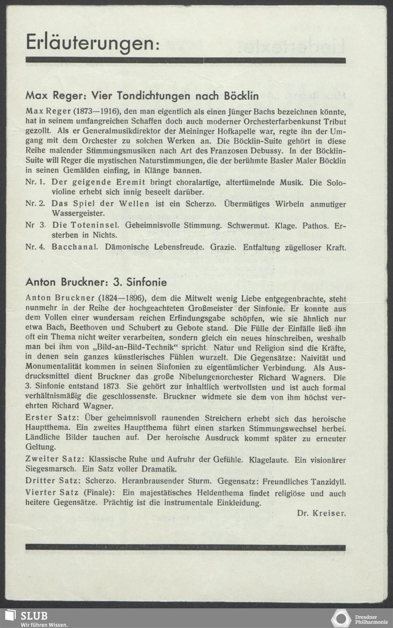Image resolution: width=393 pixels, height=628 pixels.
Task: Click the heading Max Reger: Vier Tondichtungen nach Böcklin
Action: pyautogui.click(x=142, y=95)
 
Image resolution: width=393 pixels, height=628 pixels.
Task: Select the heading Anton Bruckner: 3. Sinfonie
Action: pyautogui.click(x=96, y=282)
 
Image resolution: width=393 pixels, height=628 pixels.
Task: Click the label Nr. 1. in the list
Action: pyautogui.click(x=35, y=183)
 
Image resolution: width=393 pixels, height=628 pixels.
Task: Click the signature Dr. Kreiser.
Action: pyautogui.click(x=321, y=513)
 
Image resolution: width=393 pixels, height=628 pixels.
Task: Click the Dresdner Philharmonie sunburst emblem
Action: pyautogui.click(x=341, y=618)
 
